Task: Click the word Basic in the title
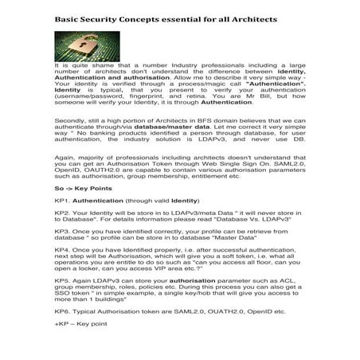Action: (65, 17)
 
